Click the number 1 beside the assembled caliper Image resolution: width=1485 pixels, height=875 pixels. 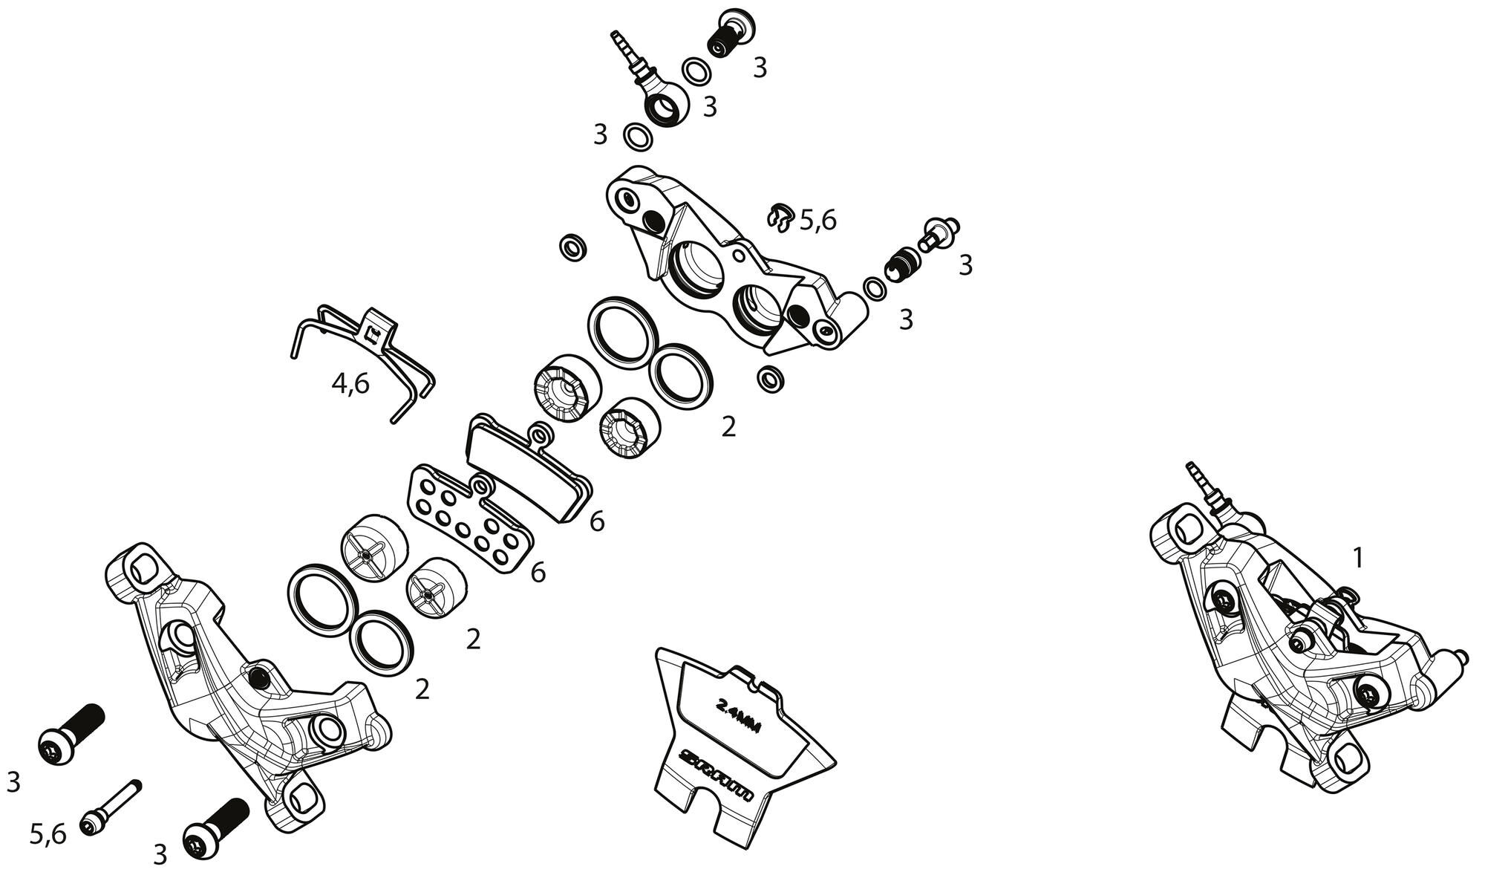(1358, 557)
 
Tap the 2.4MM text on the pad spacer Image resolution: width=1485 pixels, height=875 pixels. (738, 715)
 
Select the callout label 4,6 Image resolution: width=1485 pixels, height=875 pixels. (350, 384)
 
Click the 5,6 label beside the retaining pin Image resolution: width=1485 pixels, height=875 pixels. (48, 835)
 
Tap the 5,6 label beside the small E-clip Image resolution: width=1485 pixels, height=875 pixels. (818, 220)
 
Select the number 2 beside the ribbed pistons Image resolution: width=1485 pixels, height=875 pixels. (728, 426)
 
